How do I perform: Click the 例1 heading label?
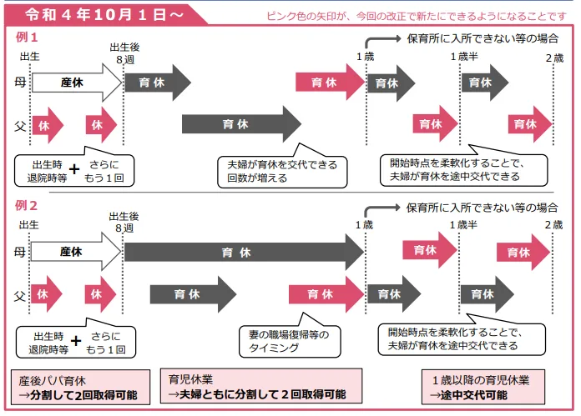[27, 37]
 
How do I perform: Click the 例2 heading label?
[26, 205]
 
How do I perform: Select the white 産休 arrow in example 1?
[77, 83]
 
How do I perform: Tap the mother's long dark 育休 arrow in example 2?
[244, 252]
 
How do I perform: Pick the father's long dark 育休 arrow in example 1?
[241, 124]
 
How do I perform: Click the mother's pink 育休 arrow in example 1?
[330, 82]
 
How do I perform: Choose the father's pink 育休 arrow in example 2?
[326, 294]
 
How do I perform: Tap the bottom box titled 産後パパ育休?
[80, 387]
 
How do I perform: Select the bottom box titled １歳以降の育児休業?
[483, 387]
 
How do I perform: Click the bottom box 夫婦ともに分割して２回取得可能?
[261, 386]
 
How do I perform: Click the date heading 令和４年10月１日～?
[104, 15]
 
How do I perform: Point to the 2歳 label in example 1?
[554, 58]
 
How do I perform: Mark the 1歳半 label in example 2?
[463, 225]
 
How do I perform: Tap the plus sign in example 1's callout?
[74, 169]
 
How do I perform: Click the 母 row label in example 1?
[20, 82]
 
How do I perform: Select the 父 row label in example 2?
[19, 295]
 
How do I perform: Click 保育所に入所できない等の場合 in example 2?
[482, 208]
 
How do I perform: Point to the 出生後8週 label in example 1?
[125, 53]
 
